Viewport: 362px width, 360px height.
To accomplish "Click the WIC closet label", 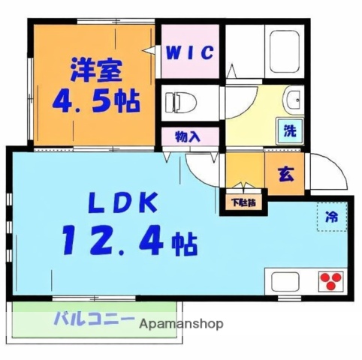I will click(x=190, y=52).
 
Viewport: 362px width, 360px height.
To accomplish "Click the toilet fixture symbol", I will click(x=180, y=99).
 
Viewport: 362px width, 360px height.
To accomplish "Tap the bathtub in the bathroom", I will click(x=286, y=52).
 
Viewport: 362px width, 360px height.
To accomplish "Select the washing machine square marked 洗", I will click(x=289, y=129).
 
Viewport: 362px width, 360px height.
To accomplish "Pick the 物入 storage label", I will click(x=187, y=137).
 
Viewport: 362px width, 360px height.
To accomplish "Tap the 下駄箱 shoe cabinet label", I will click(x=243, y=201).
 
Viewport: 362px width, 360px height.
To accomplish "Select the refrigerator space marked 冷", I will click(x=331, y=218).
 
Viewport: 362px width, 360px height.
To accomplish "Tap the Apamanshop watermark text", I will click(x=183, y=324).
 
